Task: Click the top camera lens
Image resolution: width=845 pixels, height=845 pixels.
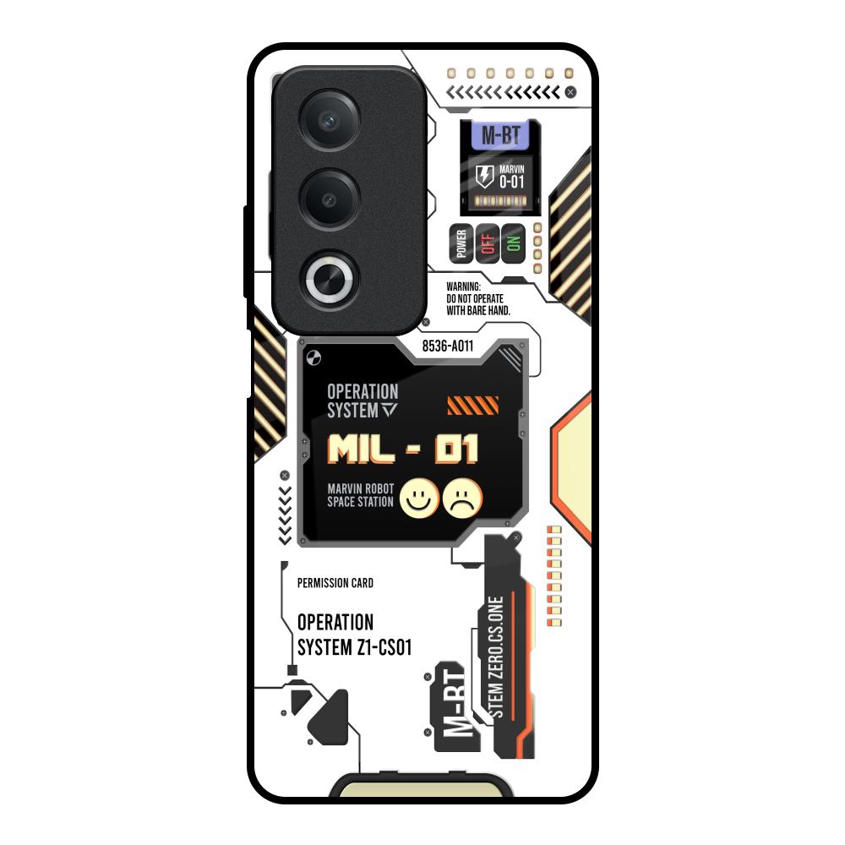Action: (x=329, y=120)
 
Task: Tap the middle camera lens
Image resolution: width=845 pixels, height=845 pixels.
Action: (x=329, y=199)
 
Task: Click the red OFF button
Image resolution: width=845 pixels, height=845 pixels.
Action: (x=488, y=243)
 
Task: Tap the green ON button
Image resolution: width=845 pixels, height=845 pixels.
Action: (x=513, y=243)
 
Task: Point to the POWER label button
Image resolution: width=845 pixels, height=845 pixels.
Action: (x=461, y=243)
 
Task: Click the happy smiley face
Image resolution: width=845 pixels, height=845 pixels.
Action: (x=419, y=499)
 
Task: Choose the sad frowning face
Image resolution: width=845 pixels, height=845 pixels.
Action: (x=462, y=499)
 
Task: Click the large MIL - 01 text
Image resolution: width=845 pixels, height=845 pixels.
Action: (x=403, y=449)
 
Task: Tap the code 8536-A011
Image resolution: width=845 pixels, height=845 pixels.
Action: (x=447, y=346)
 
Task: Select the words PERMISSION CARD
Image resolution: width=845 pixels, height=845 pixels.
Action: (x=335, y=583)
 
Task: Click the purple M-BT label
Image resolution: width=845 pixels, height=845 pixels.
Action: (x=500, y=134)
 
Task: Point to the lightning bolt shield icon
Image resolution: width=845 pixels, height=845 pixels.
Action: (x=484, y=177)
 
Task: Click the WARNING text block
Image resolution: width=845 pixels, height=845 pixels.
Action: (x=478, y=298)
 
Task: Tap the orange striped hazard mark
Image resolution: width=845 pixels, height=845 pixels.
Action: (x=472, y=406)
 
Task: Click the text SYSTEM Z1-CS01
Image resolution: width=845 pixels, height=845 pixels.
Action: (x=355, y=647)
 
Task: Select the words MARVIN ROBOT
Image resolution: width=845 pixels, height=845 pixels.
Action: (x=361, y=488)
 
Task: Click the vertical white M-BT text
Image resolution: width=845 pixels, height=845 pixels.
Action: (x=455, y=702)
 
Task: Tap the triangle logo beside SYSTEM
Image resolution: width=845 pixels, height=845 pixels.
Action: (x=390, y=410)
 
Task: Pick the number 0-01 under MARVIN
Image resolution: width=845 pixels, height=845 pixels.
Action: (x=511, y=182)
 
